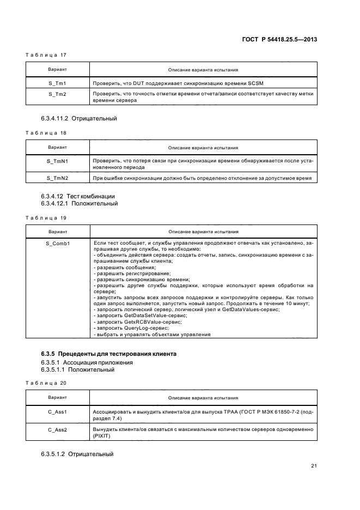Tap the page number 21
[314, 466]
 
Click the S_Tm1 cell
[58, 83]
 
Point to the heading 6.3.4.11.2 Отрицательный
[78, 118]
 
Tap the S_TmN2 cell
[58, 178]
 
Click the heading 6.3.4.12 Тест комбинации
[78, 196]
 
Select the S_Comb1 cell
[58, 242]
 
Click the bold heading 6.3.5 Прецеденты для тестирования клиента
[108, 354]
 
